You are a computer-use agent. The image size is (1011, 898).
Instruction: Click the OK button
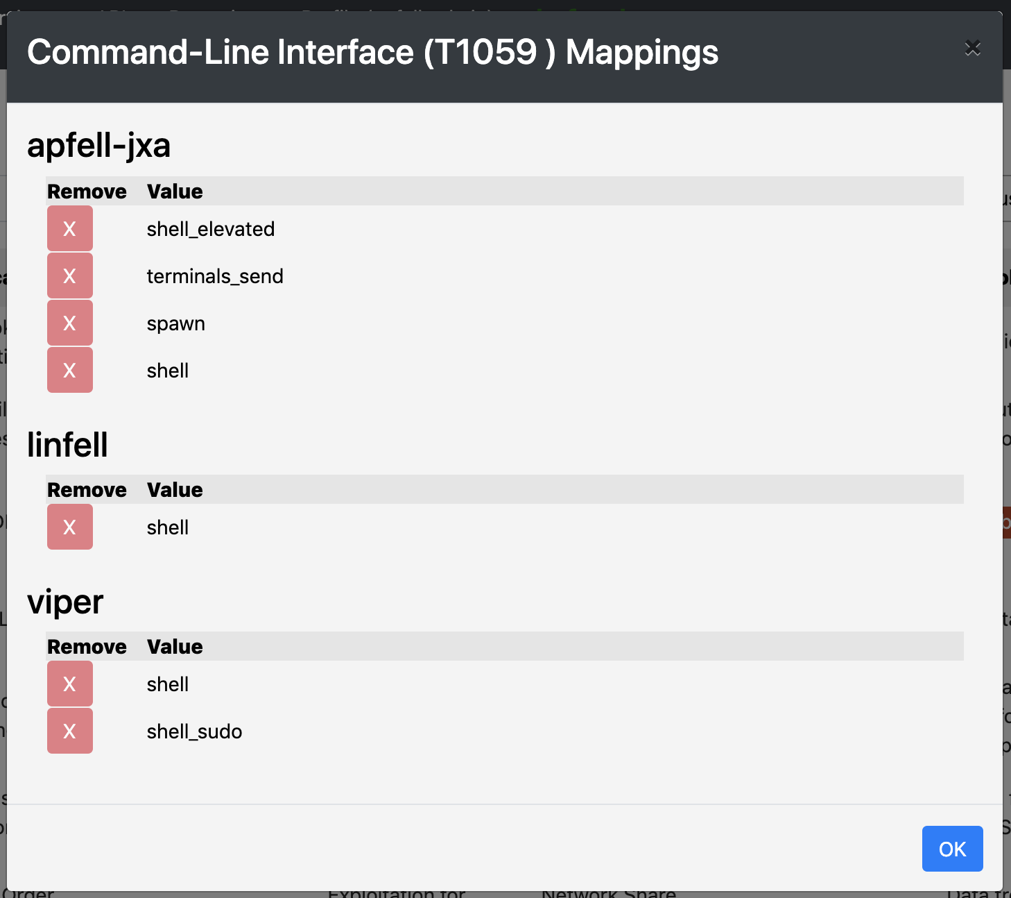(952, 849)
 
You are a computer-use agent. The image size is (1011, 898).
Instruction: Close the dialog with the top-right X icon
(972, 48)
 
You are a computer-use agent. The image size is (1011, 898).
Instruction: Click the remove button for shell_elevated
(69, 228)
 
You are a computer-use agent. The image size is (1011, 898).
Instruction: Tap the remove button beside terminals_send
(69, 276)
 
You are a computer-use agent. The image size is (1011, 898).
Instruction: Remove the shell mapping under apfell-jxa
(69, 370)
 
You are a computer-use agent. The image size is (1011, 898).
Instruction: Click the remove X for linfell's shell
(69, 527)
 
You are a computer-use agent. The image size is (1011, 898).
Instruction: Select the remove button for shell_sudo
(69, 731)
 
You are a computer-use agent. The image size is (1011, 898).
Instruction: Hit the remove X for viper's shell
(69, 684)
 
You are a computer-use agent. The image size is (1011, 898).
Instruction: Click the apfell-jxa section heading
(98, 146)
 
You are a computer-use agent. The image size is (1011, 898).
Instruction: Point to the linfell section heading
(67, 445)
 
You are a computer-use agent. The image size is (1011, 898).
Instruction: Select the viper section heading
(65, 602)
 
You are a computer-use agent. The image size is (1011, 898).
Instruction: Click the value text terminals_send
(215, 276)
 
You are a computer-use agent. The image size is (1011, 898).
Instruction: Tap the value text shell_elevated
(211, 229)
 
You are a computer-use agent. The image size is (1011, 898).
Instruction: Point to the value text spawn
(176, 323)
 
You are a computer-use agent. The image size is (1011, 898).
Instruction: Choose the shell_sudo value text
(194, 731)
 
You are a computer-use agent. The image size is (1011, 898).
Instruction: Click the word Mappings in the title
(641, 52)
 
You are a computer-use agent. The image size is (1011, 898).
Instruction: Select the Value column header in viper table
(175, 647)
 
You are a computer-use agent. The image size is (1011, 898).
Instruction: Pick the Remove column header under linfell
(87, 490)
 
